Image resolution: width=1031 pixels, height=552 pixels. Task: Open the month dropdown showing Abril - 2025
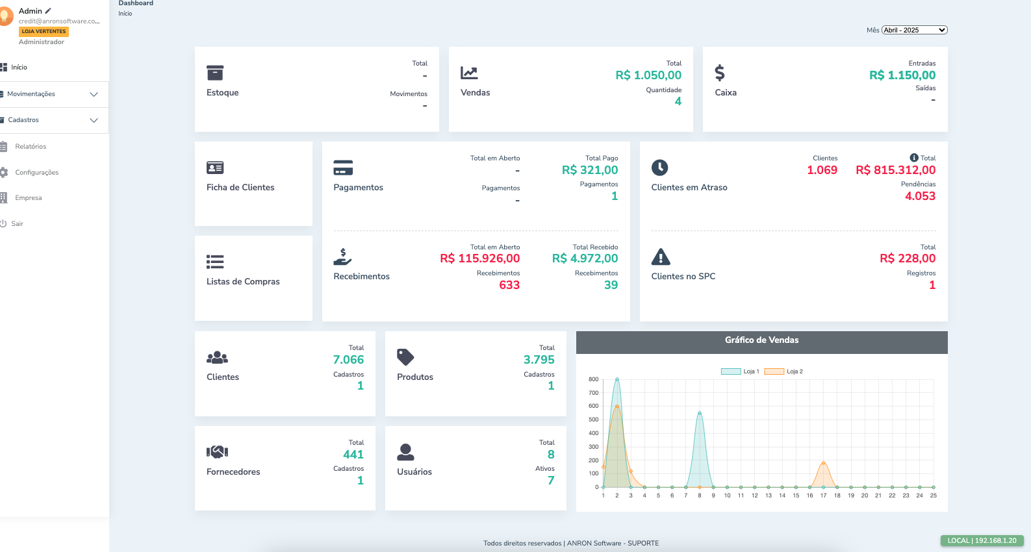point(914,30)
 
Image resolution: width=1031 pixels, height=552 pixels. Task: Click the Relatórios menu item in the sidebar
point(31,147)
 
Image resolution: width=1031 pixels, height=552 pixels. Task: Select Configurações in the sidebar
point(36,173)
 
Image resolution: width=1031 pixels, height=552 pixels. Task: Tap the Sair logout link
point(17,224)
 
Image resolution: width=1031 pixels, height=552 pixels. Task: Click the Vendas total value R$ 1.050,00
point(648,75)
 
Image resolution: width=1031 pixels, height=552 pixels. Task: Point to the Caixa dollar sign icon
point(719,72)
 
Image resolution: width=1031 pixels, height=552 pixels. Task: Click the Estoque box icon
point(215,72)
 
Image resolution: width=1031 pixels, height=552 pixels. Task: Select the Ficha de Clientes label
point(240,188)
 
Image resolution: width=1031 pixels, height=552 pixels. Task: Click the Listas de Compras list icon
point(215,262)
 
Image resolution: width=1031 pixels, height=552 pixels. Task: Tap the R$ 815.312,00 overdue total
point(895,170)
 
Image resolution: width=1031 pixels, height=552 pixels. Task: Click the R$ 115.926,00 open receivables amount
point(479,258)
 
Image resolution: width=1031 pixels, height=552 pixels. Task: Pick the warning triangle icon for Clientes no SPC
point(660,257)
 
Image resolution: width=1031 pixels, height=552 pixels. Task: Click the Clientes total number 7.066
point(348,360)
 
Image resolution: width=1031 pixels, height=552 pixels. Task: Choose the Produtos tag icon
point(405,357)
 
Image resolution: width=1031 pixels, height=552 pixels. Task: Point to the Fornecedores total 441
point(353,455)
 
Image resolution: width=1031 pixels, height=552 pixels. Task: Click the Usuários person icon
point(405,452)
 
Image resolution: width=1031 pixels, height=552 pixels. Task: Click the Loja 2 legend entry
point(783,371)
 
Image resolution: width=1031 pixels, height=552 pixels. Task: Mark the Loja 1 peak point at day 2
point(617,379)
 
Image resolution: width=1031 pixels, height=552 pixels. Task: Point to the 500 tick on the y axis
point(593,420)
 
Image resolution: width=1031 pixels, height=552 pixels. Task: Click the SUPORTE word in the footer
point(643,544)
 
